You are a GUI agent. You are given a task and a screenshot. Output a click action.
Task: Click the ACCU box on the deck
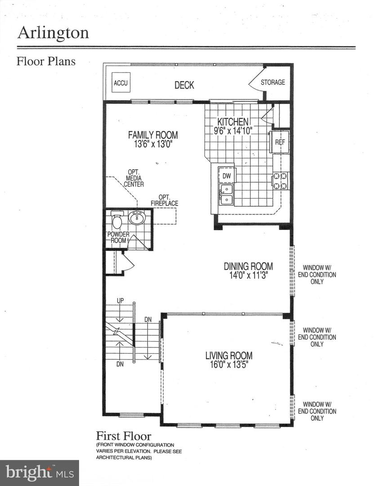(121, 83)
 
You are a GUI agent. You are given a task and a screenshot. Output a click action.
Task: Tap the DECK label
(184, 85)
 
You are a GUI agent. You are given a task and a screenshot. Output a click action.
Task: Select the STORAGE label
(272, 82)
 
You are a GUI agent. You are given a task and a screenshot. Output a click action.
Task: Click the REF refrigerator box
(280, 142)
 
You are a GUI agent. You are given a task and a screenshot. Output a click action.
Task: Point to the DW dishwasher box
(227, 175)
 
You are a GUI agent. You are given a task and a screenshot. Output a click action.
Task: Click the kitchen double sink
(226, 194)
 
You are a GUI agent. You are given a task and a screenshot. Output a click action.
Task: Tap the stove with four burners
(281, 181)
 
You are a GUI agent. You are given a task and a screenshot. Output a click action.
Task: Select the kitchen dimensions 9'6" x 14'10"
(233, 131)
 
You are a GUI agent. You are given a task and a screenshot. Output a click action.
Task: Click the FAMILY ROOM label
(153, 135)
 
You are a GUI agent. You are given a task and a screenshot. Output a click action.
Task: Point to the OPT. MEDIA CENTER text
(134, 178)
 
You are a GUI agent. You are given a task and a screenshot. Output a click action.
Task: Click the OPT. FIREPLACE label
(168, 200)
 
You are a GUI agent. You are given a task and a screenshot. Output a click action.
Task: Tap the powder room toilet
(117, 221)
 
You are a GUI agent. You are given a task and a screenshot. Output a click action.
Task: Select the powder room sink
(137, 218)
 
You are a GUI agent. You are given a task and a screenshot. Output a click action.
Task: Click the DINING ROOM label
(248, 266)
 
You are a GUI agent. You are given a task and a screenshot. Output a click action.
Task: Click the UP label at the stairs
(120, 301)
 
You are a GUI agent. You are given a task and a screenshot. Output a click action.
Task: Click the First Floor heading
(124, 436)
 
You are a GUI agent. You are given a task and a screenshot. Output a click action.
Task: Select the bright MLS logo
(39, 472)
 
